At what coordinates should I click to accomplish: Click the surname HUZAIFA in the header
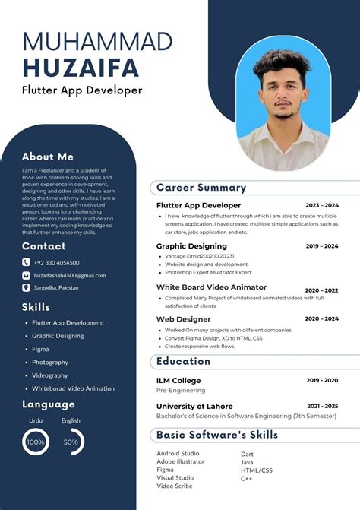tap(81, 68)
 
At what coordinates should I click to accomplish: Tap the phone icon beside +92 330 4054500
tap(26, 262)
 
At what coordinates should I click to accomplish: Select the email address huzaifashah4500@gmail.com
tap(69, 275)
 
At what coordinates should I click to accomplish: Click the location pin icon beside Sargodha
tap(26, 288)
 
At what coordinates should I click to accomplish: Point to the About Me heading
tap(48, 157)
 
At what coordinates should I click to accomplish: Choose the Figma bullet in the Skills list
tap(40, 349)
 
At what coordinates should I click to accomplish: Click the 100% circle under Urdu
tap(36, 442)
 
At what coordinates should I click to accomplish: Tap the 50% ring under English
tap(72, 442)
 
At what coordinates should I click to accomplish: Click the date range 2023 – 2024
tap(322, 205)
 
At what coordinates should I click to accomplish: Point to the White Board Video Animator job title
tap(211, 287)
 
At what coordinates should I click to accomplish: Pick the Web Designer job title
tap(183, 319)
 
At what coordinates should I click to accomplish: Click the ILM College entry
tap(178, 380)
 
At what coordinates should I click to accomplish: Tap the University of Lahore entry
tap(194, 407)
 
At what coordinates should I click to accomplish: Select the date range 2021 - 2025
tap(322, 407)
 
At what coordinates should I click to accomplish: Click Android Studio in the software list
tap(178, 454)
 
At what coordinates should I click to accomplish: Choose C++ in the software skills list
tap(247, 479)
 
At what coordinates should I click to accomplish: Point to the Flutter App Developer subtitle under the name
tap(82, 91)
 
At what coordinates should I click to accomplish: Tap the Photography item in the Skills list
tap(50, 363)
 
